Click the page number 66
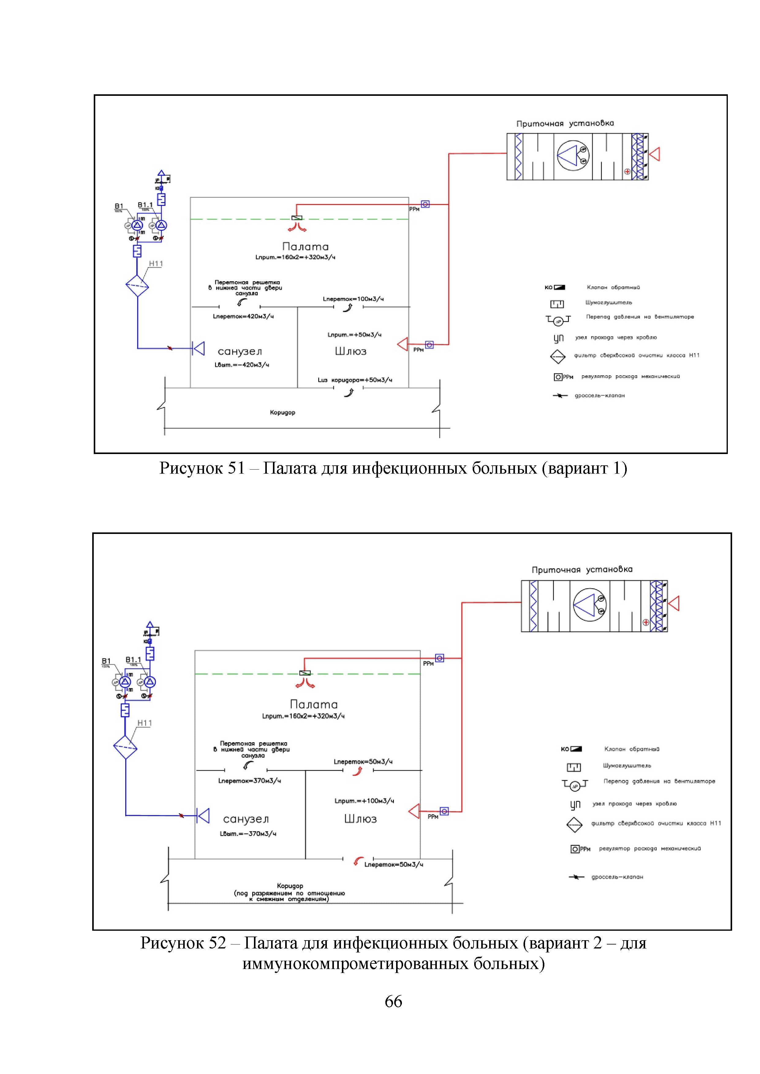(393, 1001)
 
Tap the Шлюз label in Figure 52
(360, 819)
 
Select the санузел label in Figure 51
(240, 351)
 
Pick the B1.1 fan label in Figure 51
(145, 205)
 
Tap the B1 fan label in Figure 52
(106, 661)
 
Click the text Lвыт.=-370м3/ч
(248, 834)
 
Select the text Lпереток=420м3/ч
(243, 317)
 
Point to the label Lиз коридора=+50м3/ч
(355, 380)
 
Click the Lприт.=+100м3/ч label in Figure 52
(364, 801)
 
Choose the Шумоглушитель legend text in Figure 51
(608, 303)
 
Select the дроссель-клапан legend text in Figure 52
(617, 877)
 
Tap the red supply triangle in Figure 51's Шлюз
(403, 344)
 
